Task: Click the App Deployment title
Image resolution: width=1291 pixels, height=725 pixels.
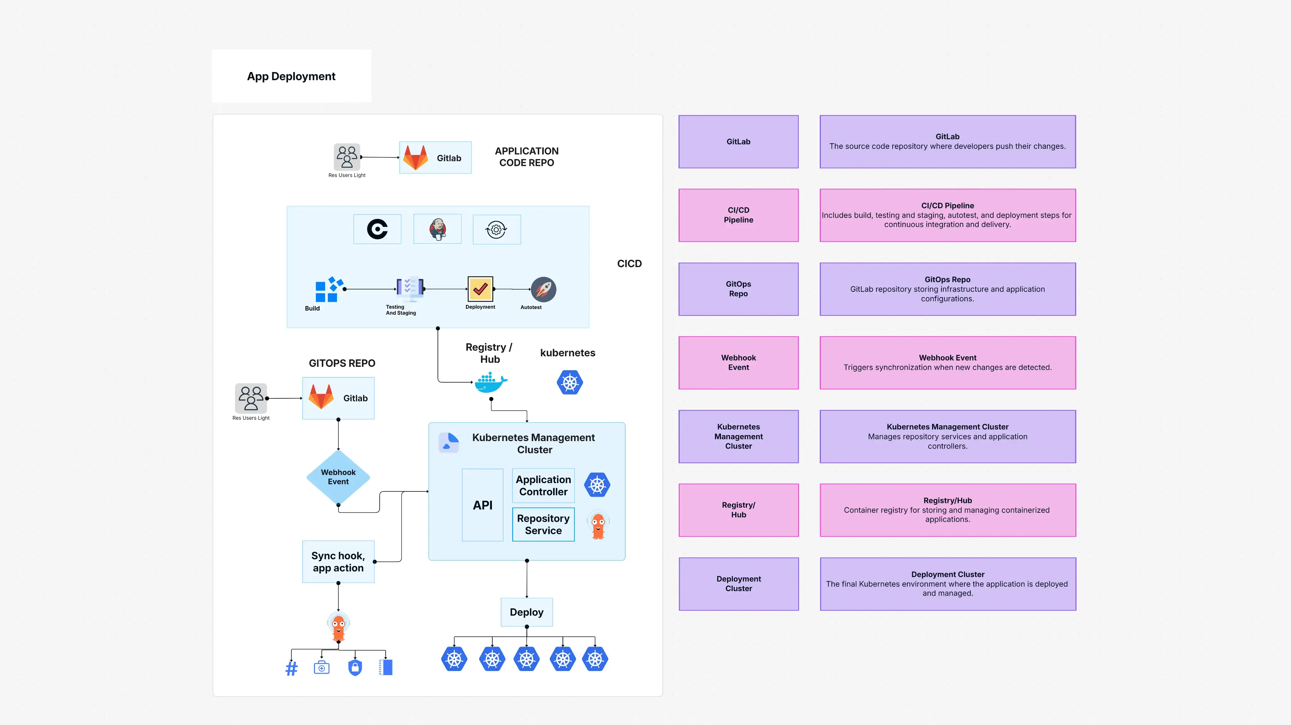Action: [291, 76]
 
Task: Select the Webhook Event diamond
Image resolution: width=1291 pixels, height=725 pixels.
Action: [338, 477]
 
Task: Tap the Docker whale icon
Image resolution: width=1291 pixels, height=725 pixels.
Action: [490, 383]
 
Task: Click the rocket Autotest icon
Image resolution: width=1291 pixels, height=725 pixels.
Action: [543, 290]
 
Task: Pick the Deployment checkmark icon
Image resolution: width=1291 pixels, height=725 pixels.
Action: [480, 289]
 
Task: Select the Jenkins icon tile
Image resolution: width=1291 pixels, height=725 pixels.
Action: [437, 229]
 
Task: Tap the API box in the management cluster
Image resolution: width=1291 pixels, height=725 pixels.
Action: [483, 505]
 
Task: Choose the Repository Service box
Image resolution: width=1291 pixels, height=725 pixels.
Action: [543, 524]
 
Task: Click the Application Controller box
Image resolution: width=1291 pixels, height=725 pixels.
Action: [543, 485]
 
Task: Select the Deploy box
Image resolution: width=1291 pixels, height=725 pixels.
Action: [526, 612]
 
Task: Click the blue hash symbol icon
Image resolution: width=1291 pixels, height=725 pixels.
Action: [291, 668]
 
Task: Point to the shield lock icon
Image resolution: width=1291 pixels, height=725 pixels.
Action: [355, 667]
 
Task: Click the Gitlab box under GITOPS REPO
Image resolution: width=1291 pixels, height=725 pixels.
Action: [338, 398]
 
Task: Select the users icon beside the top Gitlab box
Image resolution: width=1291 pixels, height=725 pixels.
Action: [347, 157]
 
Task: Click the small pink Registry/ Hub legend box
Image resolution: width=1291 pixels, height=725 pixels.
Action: [738, 510]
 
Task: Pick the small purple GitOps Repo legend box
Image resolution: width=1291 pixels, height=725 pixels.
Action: [738, 289]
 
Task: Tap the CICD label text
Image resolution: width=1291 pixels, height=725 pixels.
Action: [629, 263]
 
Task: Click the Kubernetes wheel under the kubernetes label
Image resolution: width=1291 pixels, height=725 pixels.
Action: [569, 383]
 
